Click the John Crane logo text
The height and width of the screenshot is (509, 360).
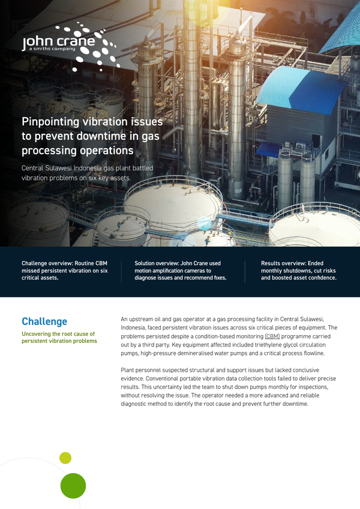tap(58, 41)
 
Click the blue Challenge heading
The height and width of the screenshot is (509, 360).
tap(44, 321)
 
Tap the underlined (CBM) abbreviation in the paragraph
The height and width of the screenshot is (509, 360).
tap(272, 336)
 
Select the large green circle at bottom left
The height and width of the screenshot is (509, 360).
tap(73, 486)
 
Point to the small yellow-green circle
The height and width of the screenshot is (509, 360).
tap(65, 457)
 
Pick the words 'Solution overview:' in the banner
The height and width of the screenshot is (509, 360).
tap(155, 263)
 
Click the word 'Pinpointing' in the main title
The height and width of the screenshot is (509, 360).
tap(50, 122)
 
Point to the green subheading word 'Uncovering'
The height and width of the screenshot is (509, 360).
tap(36, 334)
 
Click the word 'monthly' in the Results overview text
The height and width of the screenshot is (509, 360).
tap(271, 271)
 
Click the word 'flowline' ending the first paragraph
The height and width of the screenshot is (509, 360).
tap(314, 353)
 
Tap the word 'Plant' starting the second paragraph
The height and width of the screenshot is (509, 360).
tap(127, 370)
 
